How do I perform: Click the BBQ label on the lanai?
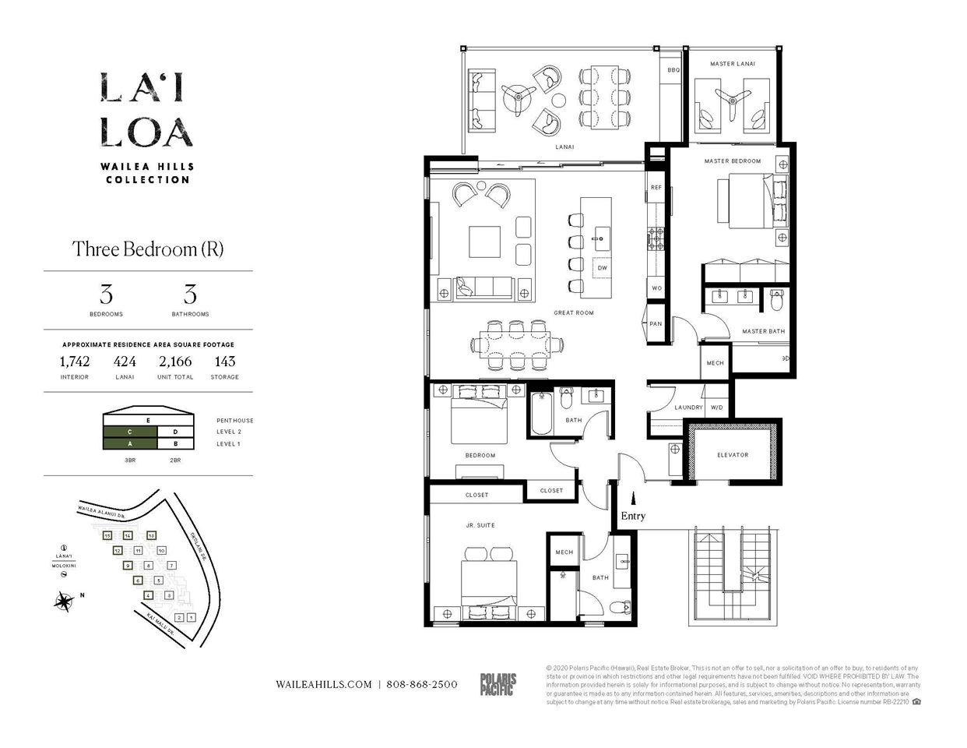[x=673, y=70]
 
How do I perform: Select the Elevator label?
[x=732, y=455]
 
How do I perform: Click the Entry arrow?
[x=632, y=498]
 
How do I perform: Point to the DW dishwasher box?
[x=602, y=268]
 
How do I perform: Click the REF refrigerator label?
[x=656, y=188]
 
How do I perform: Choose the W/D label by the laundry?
[x=716, y=408]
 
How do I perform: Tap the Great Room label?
[x=573, y=313]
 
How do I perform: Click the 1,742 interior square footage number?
[x=75, y=362]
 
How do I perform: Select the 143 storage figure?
[x=224, y=362]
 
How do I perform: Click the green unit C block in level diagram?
[x=130, y=432]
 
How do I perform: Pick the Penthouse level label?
[x=234, y=421]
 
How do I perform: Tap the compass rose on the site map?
[x=64, y=601]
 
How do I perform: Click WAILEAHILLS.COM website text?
[x=324, y=684]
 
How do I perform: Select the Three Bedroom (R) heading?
[x=148, y=249]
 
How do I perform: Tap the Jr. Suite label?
[x=480, y=526]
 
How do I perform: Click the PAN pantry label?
[x=656, y=324]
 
